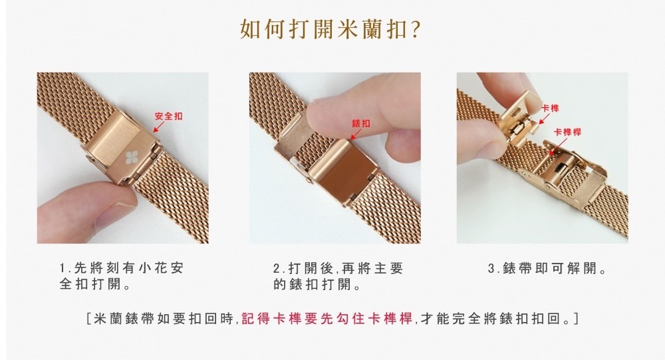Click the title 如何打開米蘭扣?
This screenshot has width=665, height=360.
pyautogui.click(x=331, y=29)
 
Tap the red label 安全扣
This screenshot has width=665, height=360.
pyautogui.click(x=168, y=116)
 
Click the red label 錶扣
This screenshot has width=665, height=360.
pyautogui.click(x=360, y=124)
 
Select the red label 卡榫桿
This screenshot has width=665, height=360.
pyautogui.click(x=567, y=132)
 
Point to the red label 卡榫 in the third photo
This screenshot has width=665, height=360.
pyautogui.click(x=550, y=108)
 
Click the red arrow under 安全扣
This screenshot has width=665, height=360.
pyautogui.click(x=158, y=126)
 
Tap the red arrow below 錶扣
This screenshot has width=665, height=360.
pyautogui.click(x=355, y=134)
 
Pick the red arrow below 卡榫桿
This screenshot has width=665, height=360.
pyautogui.click(x=558, y=146)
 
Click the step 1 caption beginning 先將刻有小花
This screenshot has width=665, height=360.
pyautogui.click(x=121, y=276)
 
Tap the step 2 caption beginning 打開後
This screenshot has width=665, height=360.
pyautogui.click(x=338, y=276)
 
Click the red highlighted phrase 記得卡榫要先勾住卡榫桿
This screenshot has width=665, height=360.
pyautogui.click(x=327, y=318)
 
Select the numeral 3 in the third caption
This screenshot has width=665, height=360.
pyautogui.click(x=491, y=269)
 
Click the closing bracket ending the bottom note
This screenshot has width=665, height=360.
pyautogui.click(x=575, y=318)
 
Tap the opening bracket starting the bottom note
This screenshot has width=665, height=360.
pyautogui.click(x=88, y=318)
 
